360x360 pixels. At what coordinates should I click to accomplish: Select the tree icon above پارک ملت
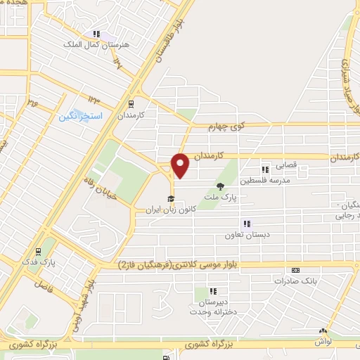click(x=221, y=186)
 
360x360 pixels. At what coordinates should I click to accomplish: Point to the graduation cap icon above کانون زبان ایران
click(x=169, y=199)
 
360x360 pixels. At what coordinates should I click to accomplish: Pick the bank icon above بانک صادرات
click(x=296, y=269)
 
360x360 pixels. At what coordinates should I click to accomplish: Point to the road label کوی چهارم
click(x=226, y=127)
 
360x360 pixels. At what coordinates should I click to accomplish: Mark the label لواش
click(x=323, y=340)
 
